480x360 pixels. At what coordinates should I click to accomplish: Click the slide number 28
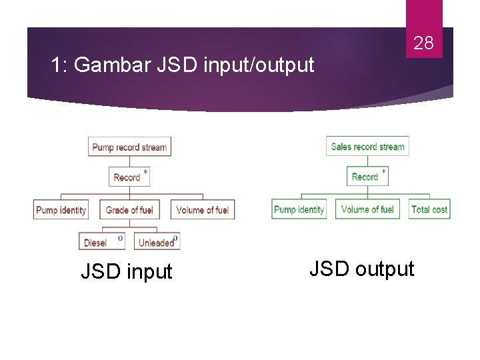(x=423, y=44)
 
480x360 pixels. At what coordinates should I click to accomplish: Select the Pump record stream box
(x=129, y=147)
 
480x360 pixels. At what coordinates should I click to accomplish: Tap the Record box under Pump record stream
(x=129, y=177)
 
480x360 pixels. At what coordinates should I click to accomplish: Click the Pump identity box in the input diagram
(x=61, y=210)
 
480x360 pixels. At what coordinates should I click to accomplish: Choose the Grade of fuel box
(x=129, y=210)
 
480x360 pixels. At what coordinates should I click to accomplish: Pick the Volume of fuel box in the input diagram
(x=202, y=210)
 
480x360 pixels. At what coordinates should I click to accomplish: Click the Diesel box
(x=102, y=241)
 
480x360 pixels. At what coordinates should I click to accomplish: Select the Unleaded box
(x=157, y=241)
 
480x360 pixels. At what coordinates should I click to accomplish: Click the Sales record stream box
(x=367, y=147)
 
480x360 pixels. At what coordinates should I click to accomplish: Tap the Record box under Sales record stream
(x=367, y=177)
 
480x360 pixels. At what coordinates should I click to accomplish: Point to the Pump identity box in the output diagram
(x=299, y=209)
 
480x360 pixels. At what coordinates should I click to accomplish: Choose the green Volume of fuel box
(x=367, y=209)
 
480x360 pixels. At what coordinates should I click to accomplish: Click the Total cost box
(x=429, y=209)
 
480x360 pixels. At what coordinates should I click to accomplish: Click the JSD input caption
(x=126, y=271)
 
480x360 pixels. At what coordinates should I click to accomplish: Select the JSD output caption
(x=361, y=269)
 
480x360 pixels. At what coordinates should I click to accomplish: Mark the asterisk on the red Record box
(x=145, y=173)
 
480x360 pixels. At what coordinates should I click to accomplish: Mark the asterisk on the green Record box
(x=383, y=172)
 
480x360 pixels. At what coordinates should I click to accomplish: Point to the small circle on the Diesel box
(x=120, y=237)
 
